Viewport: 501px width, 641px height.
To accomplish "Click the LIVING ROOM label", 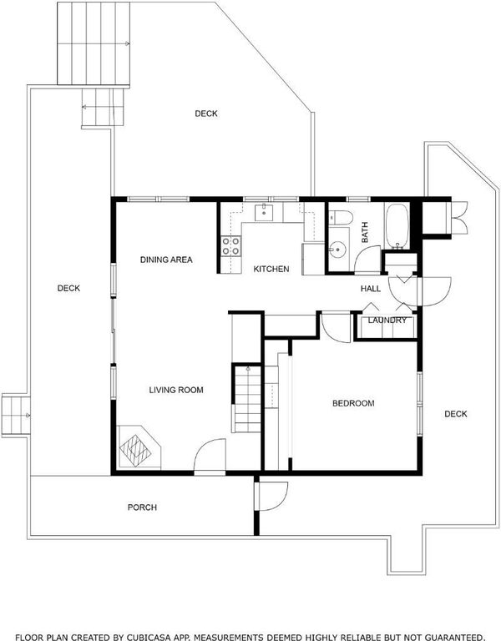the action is (x=176, y=390).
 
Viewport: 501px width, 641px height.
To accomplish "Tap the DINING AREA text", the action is (x=166, y=260).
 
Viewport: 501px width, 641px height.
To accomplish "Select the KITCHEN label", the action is (x=271, y=269).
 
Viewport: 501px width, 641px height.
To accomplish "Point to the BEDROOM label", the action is (x=353, y=403).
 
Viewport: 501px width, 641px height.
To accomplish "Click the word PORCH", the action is (x=142, y=507).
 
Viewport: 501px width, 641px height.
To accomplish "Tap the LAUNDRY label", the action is (x=387, y=320).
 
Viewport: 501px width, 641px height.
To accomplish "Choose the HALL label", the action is (x=371, y=289).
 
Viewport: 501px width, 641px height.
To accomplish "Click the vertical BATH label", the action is (x=364, y=232).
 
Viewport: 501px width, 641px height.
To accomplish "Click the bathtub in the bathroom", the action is (x=397, y=225).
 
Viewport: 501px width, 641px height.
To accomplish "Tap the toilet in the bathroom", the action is (x=341, y=217).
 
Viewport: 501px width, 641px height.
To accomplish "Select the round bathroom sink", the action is (x=338, y=250).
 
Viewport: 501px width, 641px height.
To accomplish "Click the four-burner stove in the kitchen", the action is (x=230, y=246).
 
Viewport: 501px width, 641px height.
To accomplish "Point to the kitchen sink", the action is (x=264, y=213).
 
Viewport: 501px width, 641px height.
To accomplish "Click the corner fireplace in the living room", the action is (x=139, y=447).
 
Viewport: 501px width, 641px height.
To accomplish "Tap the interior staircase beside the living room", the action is (x=247, y=398).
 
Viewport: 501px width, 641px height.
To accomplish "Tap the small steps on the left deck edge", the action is (x=16, y=416).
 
